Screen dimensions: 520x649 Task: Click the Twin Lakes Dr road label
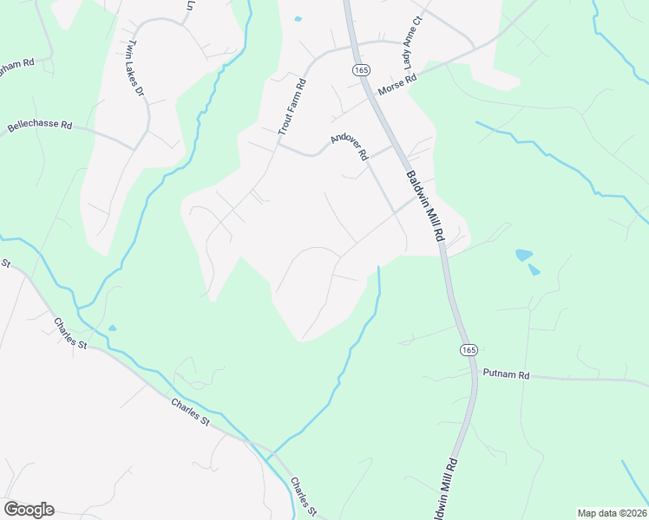click(x=134, y=68)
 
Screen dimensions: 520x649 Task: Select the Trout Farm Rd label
click(x=292, y=107)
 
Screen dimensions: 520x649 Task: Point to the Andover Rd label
click(x=350, y=146)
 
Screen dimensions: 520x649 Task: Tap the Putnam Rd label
click(x=506, y=375)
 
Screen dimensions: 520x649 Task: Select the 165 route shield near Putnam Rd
click(x=468, y=349)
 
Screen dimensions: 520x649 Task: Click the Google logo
click(x=29, y=510)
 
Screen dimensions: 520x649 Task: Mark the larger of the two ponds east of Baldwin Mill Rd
click(x=523, y=255)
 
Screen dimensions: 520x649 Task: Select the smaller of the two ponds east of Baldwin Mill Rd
click(x=534, y=270)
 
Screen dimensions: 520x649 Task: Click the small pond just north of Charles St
click(x=112, y=328)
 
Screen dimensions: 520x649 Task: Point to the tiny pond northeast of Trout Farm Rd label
click(x=298, y=19)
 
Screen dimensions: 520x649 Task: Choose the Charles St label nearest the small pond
click(x=71, y=333)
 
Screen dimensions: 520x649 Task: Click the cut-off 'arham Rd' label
click(x=16, y=65)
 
